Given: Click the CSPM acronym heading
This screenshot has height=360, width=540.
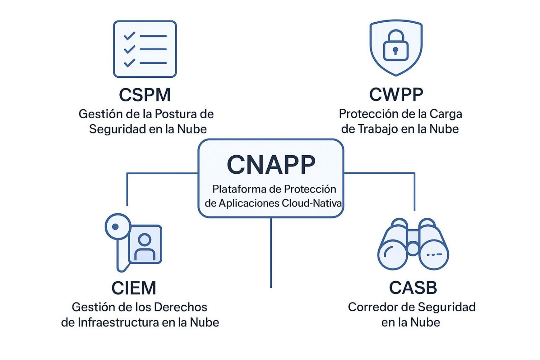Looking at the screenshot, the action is pyautogui.click(x=145, y=95).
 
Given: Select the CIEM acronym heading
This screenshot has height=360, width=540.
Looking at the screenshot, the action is pyautogui.click(x=134, y=288).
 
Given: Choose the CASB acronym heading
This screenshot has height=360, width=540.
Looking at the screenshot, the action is pyautogui.click(x=413, y=288).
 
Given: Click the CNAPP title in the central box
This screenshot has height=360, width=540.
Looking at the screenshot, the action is pyautogui.click(x=271, y=164).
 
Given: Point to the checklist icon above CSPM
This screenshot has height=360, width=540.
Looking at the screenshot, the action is pyautogui.click(x=145, y=49).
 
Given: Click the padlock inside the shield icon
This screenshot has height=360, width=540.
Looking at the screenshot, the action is pyautogui.click(x=396, y=45).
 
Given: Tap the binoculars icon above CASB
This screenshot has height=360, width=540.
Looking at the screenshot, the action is pyautogui.click(x=413, y=244).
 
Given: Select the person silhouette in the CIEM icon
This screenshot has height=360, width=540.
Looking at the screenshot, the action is pyautogui.click(x=145, y=246).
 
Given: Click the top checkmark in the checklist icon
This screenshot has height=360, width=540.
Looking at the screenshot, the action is pyautogui.click(x=130, y=36).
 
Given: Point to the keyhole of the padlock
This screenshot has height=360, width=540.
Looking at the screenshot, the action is pyautogui.click(x=395, y=51).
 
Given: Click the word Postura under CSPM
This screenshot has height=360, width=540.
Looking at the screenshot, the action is pyautogui.click(x=175, y=114).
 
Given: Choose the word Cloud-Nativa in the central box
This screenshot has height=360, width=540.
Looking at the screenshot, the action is pyautogui.click(x=312, y=203).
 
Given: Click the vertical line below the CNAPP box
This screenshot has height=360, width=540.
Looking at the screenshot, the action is pyautogui.click(x=271, y=253).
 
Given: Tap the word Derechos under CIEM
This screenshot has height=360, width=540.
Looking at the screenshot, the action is pyautogui.click(x=181, y=307).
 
